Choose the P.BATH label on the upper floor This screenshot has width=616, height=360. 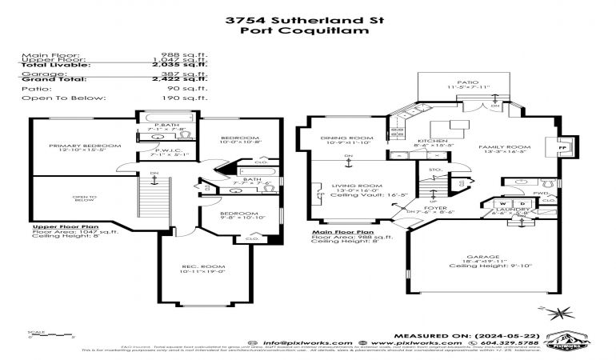coord(166,126)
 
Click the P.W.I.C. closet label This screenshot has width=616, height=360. coord(166,152)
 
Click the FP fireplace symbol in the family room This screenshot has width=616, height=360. coord(560,149)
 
